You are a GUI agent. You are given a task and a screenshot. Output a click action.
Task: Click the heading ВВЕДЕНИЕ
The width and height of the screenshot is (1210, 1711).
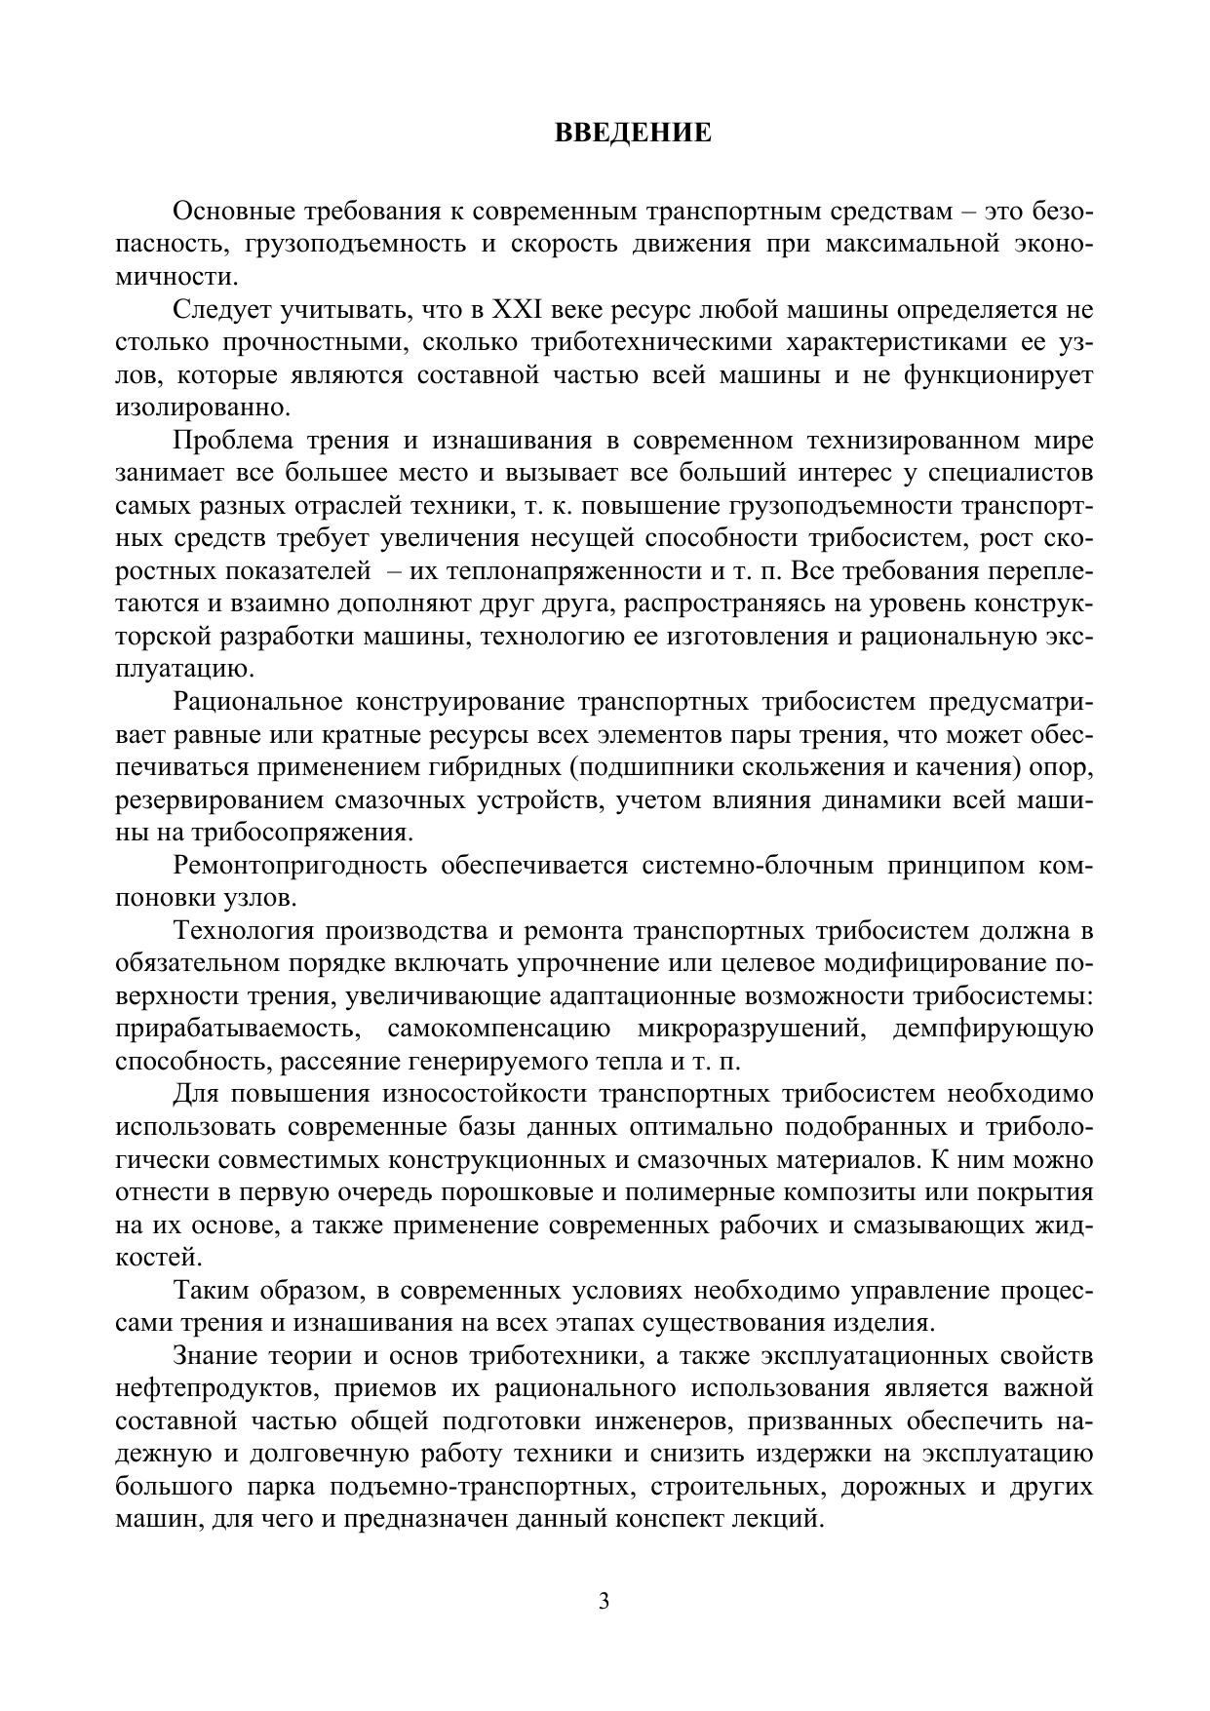633,133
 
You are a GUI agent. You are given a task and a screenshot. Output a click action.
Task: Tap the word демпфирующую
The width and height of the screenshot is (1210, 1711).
993,1029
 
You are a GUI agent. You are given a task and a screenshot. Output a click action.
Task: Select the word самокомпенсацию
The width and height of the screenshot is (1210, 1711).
498,1029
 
